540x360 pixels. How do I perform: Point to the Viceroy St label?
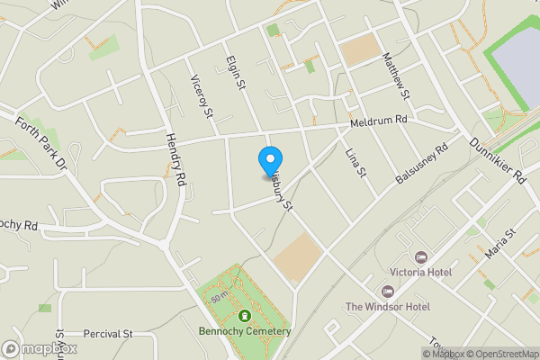click(x=201, y=97)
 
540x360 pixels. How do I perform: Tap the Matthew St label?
click(x=396, y=76)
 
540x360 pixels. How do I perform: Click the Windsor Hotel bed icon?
click(x=388, y=292)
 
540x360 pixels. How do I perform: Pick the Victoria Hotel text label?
click(x=420, y=272)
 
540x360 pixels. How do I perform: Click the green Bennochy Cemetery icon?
click(x=245, y=315)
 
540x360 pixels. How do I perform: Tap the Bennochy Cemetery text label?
click(x=245, y=331)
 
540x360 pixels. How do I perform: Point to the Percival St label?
click(x=108, y=333)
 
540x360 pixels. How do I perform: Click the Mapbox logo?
click(x=39, y=348)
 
